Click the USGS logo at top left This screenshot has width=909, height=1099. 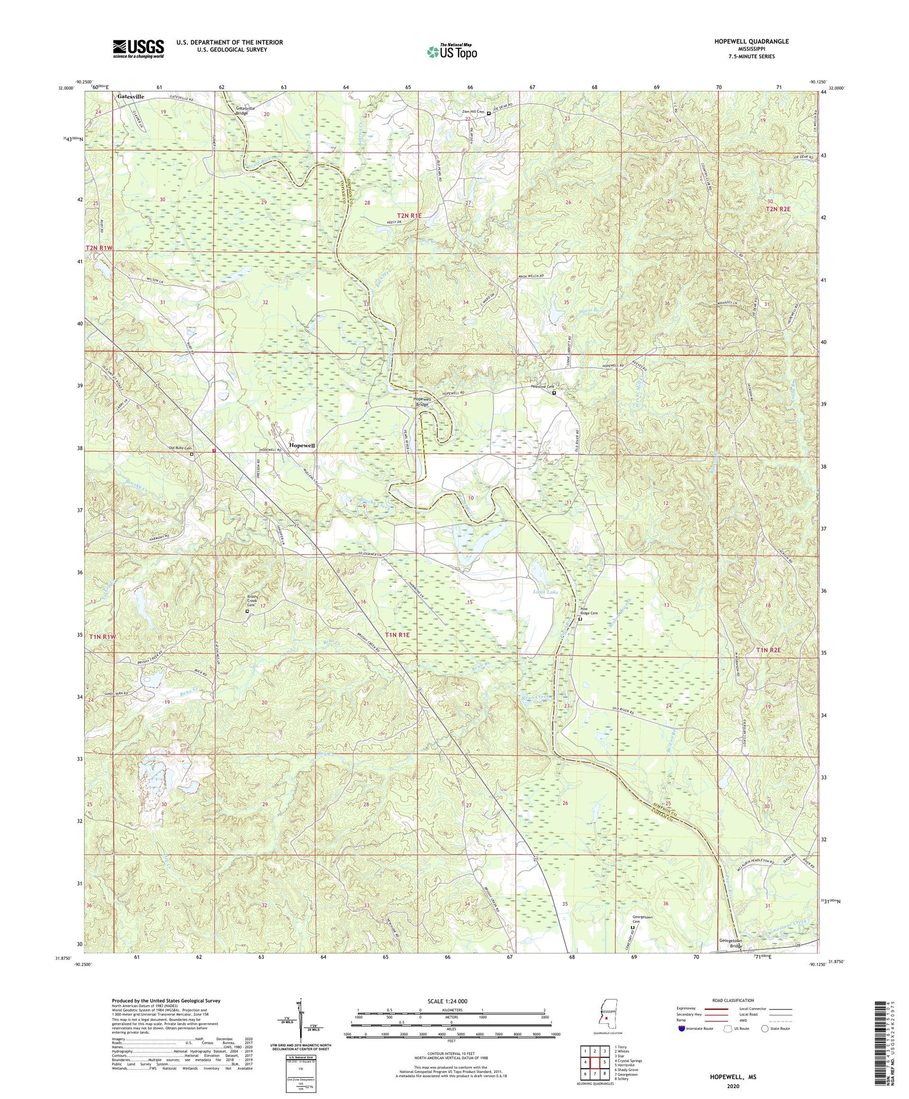tap(138, 48)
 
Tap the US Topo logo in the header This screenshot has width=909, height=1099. tap(451, 52)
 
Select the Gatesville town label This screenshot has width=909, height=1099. tap(131, 96)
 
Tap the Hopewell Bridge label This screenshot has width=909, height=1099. tap(422, 401)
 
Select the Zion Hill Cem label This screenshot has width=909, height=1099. tap(473, 112)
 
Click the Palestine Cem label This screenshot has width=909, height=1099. tap(543, 386)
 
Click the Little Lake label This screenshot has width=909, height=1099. tap(545, 591)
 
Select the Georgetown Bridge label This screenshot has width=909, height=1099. tap(730, 943)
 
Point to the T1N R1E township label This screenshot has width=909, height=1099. tap(397, 635)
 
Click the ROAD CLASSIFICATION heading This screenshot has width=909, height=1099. tap(730, 1000)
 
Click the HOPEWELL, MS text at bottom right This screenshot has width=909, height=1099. tap(733, 1077)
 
